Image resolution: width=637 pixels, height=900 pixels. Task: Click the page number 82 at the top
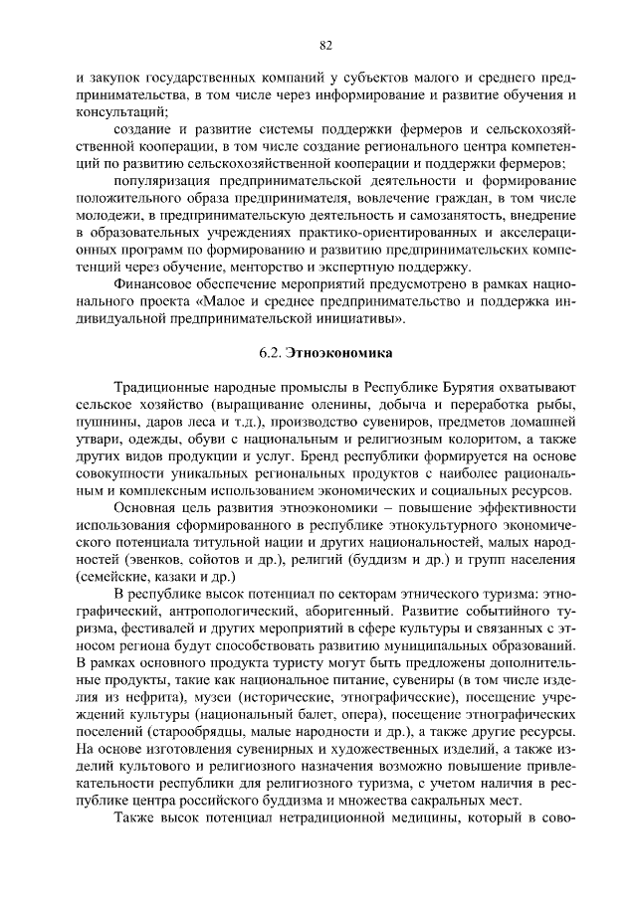coord(324,45)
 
